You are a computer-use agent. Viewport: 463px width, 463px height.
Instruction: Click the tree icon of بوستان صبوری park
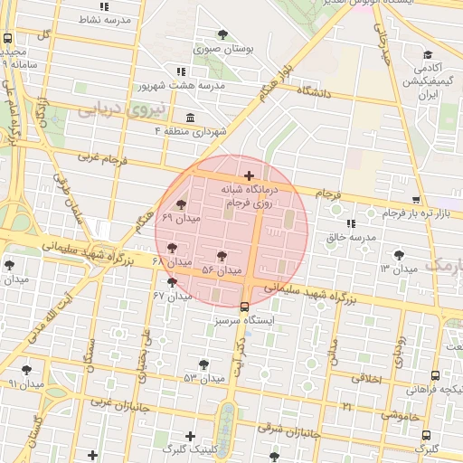[x=222, y=34]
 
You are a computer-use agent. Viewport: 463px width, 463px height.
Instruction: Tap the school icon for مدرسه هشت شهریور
[x=182, y=71]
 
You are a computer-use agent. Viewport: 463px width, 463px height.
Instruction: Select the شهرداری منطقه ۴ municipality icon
[x=190, y=118]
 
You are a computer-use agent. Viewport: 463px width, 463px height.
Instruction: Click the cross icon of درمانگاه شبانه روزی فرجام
[x=249, y=175]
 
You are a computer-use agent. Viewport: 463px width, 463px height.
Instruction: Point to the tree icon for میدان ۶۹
[x=182, y=204]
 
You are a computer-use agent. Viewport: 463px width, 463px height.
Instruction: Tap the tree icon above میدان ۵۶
[x=222, y=256]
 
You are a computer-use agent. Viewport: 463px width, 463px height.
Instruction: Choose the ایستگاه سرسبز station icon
[x=244, y=306]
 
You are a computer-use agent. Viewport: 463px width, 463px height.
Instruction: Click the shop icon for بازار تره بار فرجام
[x=416, y=200]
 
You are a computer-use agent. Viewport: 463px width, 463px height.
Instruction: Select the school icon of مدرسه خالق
[x=350, y=222]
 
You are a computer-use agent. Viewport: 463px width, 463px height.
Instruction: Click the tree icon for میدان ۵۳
[x=203, y=364]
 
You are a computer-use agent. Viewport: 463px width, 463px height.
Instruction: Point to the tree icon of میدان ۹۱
[x=26, y=370]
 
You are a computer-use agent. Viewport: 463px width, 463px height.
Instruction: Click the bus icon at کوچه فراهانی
[x=436, y=375]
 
